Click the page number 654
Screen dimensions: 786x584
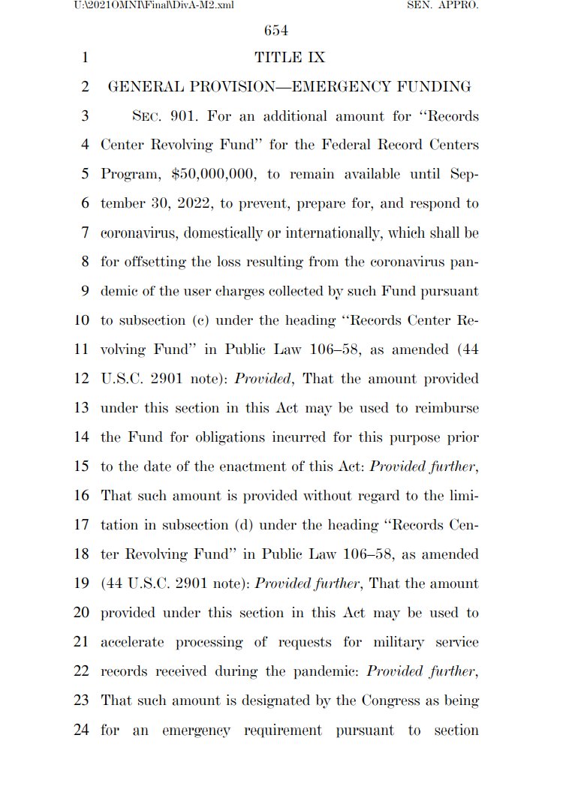pos(276,31)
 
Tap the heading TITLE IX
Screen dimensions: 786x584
pos(290,58)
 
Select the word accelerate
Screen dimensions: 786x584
pos(134,643)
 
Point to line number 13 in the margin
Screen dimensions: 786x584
pos(82,409)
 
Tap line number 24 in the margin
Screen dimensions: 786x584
pos(82,730)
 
